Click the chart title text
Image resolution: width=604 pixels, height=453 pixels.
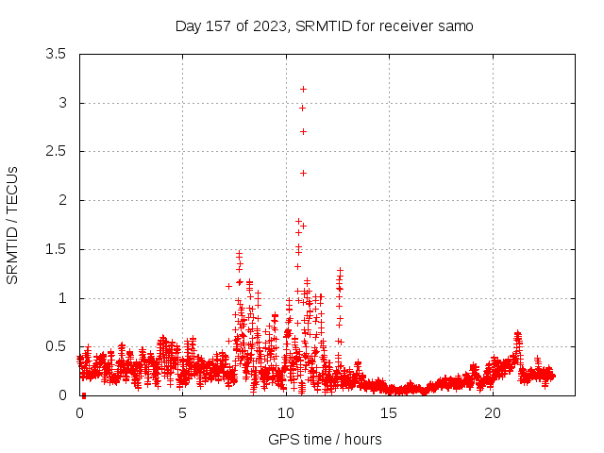pos(324,25)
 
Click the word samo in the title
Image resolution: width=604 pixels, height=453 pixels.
pos(454,25)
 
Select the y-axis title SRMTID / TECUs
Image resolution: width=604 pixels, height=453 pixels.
pos(13,224)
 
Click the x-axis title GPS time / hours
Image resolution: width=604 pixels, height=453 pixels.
pos(325,439)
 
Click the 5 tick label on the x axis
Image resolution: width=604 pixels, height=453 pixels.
pos(183,413)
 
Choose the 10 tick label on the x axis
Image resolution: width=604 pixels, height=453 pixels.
pos(286,413)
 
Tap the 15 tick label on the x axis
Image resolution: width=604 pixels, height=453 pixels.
pos(389,413)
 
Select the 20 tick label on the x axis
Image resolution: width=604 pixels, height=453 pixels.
pos(493,413)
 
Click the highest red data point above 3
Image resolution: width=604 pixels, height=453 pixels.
pos(303,89)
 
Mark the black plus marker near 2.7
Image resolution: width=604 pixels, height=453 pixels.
pos(303,131)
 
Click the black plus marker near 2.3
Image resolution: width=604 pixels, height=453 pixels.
pos(303,173)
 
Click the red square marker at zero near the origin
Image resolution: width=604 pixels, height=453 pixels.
pos(83,395)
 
